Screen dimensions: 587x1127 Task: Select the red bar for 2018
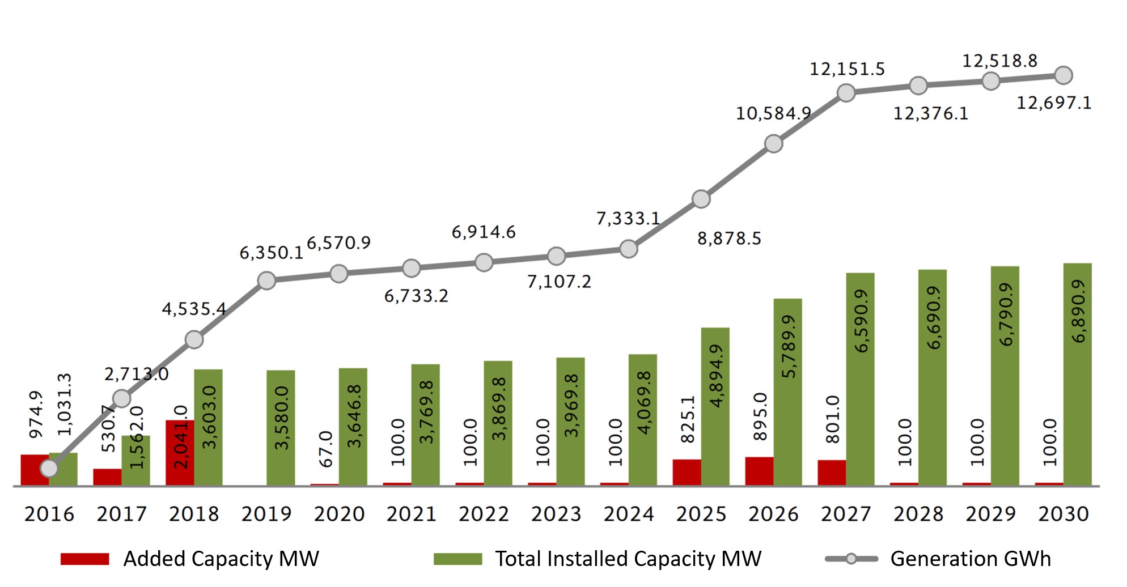click(180, 453)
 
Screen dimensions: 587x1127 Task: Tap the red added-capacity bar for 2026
click(759, 471)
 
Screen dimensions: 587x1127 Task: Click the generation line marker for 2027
click(846, 93)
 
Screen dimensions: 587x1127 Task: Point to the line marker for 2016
click(49, 469)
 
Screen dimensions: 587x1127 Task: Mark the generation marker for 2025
click(701, 199)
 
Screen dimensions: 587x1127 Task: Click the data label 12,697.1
click(1053, 103)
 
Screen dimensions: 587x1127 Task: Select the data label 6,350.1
click(271, 253)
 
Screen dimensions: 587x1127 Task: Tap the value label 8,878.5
click(729, 239)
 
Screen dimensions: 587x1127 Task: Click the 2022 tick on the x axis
click(484, 514)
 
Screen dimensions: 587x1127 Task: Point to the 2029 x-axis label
click(990, 514)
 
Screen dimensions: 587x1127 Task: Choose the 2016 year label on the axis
click(49, 514)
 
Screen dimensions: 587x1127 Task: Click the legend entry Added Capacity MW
click(221, 559)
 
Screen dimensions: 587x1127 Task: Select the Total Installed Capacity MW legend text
click(628, 559)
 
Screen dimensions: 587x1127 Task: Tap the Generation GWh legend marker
click(851, 559)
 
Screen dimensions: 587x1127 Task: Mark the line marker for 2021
click(411, 268)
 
